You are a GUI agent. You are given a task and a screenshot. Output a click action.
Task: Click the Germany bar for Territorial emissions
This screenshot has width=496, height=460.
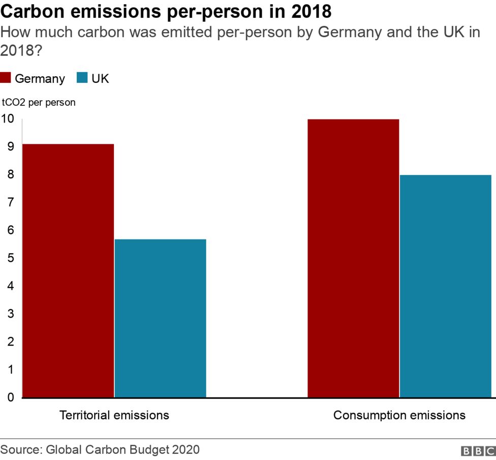68,270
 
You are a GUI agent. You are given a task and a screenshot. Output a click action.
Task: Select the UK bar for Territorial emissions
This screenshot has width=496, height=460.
160,318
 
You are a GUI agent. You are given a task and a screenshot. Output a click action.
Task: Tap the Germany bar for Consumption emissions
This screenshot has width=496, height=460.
353,258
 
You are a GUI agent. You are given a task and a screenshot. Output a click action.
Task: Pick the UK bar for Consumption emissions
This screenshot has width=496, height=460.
446,286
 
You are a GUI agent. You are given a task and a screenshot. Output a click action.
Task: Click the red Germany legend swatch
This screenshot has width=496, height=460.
6,78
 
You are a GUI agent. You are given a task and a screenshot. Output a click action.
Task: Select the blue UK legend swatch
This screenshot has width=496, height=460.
82,78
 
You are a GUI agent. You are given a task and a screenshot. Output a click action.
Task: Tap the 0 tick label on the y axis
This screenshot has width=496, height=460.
10,397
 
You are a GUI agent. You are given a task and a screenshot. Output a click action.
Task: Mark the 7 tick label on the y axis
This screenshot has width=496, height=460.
10,202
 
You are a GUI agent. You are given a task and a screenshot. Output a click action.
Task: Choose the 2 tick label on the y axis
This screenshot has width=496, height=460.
10,342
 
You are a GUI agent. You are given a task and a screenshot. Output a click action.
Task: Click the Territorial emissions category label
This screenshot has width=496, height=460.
114,415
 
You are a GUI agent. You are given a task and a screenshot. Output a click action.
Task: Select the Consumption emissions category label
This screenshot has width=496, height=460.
399,415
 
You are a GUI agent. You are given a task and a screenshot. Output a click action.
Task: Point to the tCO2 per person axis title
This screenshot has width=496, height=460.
39,102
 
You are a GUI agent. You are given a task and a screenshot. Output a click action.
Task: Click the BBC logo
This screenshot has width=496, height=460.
478,451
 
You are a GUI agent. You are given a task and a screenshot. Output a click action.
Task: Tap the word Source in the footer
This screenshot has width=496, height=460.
21,450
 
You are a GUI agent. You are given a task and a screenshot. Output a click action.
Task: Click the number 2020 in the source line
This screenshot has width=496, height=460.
185,450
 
